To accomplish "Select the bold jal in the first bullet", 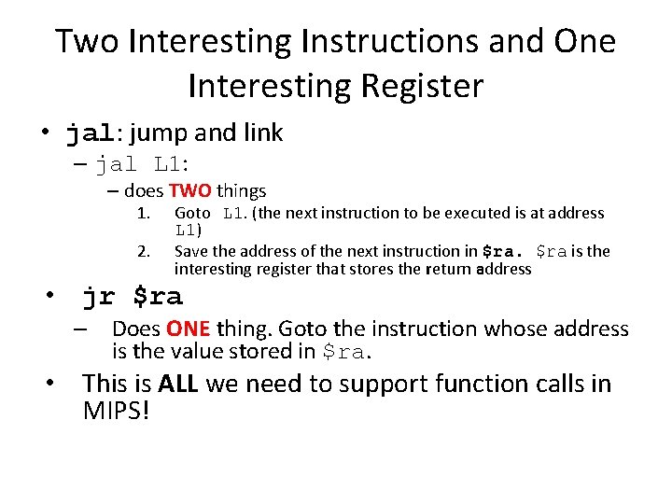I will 91,134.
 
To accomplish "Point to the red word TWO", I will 189,191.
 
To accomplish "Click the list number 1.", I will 143,214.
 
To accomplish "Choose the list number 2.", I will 143,251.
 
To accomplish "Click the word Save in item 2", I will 191,251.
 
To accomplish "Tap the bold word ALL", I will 179,384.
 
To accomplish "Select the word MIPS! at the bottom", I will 115,411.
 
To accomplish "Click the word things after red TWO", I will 241,191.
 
